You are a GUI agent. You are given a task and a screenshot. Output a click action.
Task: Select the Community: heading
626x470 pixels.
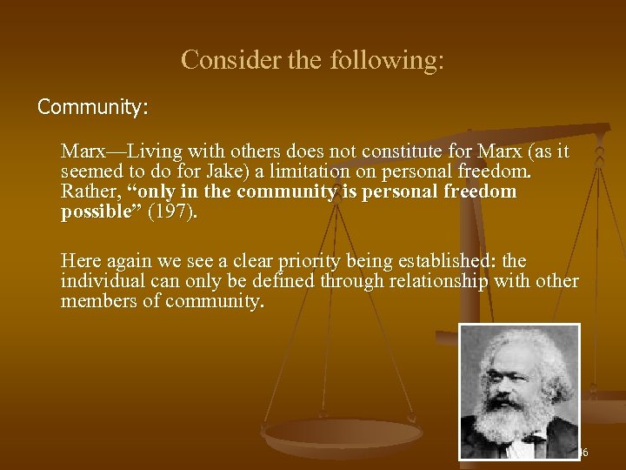93,108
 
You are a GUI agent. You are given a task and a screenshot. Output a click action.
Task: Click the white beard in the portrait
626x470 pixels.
519,419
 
